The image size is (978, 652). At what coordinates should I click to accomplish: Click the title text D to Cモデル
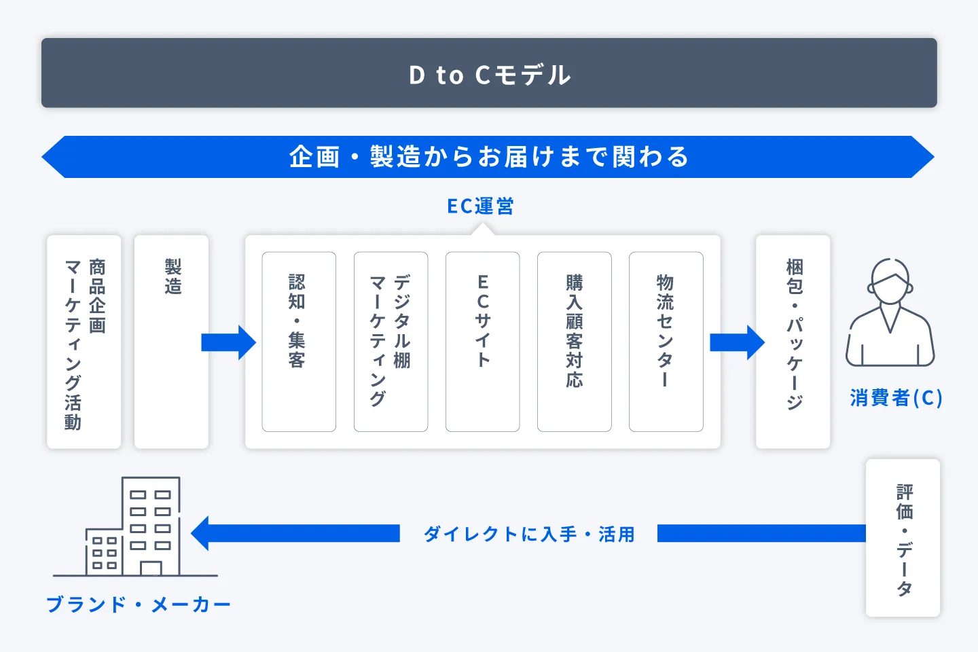489,75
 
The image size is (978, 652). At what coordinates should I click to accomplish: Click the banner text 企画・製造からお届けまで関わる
489,157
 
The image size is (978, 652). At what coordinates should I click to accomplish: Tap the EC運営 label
480,206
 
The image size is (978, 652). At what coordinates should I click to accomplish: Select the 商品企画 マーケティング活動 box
84,342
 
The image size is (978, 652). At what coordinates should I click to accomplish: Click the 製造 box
171,342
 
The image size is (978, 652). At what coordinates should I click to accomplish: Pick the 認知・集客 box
299,342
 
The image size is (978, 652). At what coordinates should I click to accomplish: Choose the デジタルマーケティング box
391,342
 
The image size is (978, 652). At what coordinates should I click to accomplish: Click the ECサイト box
482,342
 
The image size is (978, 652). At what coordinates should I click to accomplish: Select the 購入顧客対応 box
574,342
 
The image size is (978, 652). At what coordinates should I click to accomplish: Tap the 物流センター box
666,342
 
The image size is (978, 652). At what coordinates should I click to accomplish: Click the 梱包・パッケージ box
793,342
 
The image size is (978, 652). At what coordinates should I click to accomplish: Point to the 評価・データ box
903,538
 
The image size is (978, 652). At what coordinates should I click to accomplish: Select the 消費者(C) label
896,398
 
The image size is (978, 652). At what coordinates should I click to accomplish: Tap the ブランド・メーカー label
139,604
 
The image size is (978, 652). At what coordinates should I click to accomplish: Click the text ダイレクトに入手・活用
529,535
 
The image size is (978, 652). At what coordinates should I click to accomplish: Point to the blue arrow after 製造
228,342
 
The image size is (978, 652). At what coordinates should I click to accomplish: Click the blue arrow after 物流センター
737,342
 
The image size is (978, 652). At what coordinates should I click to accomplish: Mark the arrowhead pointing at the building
201,534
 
